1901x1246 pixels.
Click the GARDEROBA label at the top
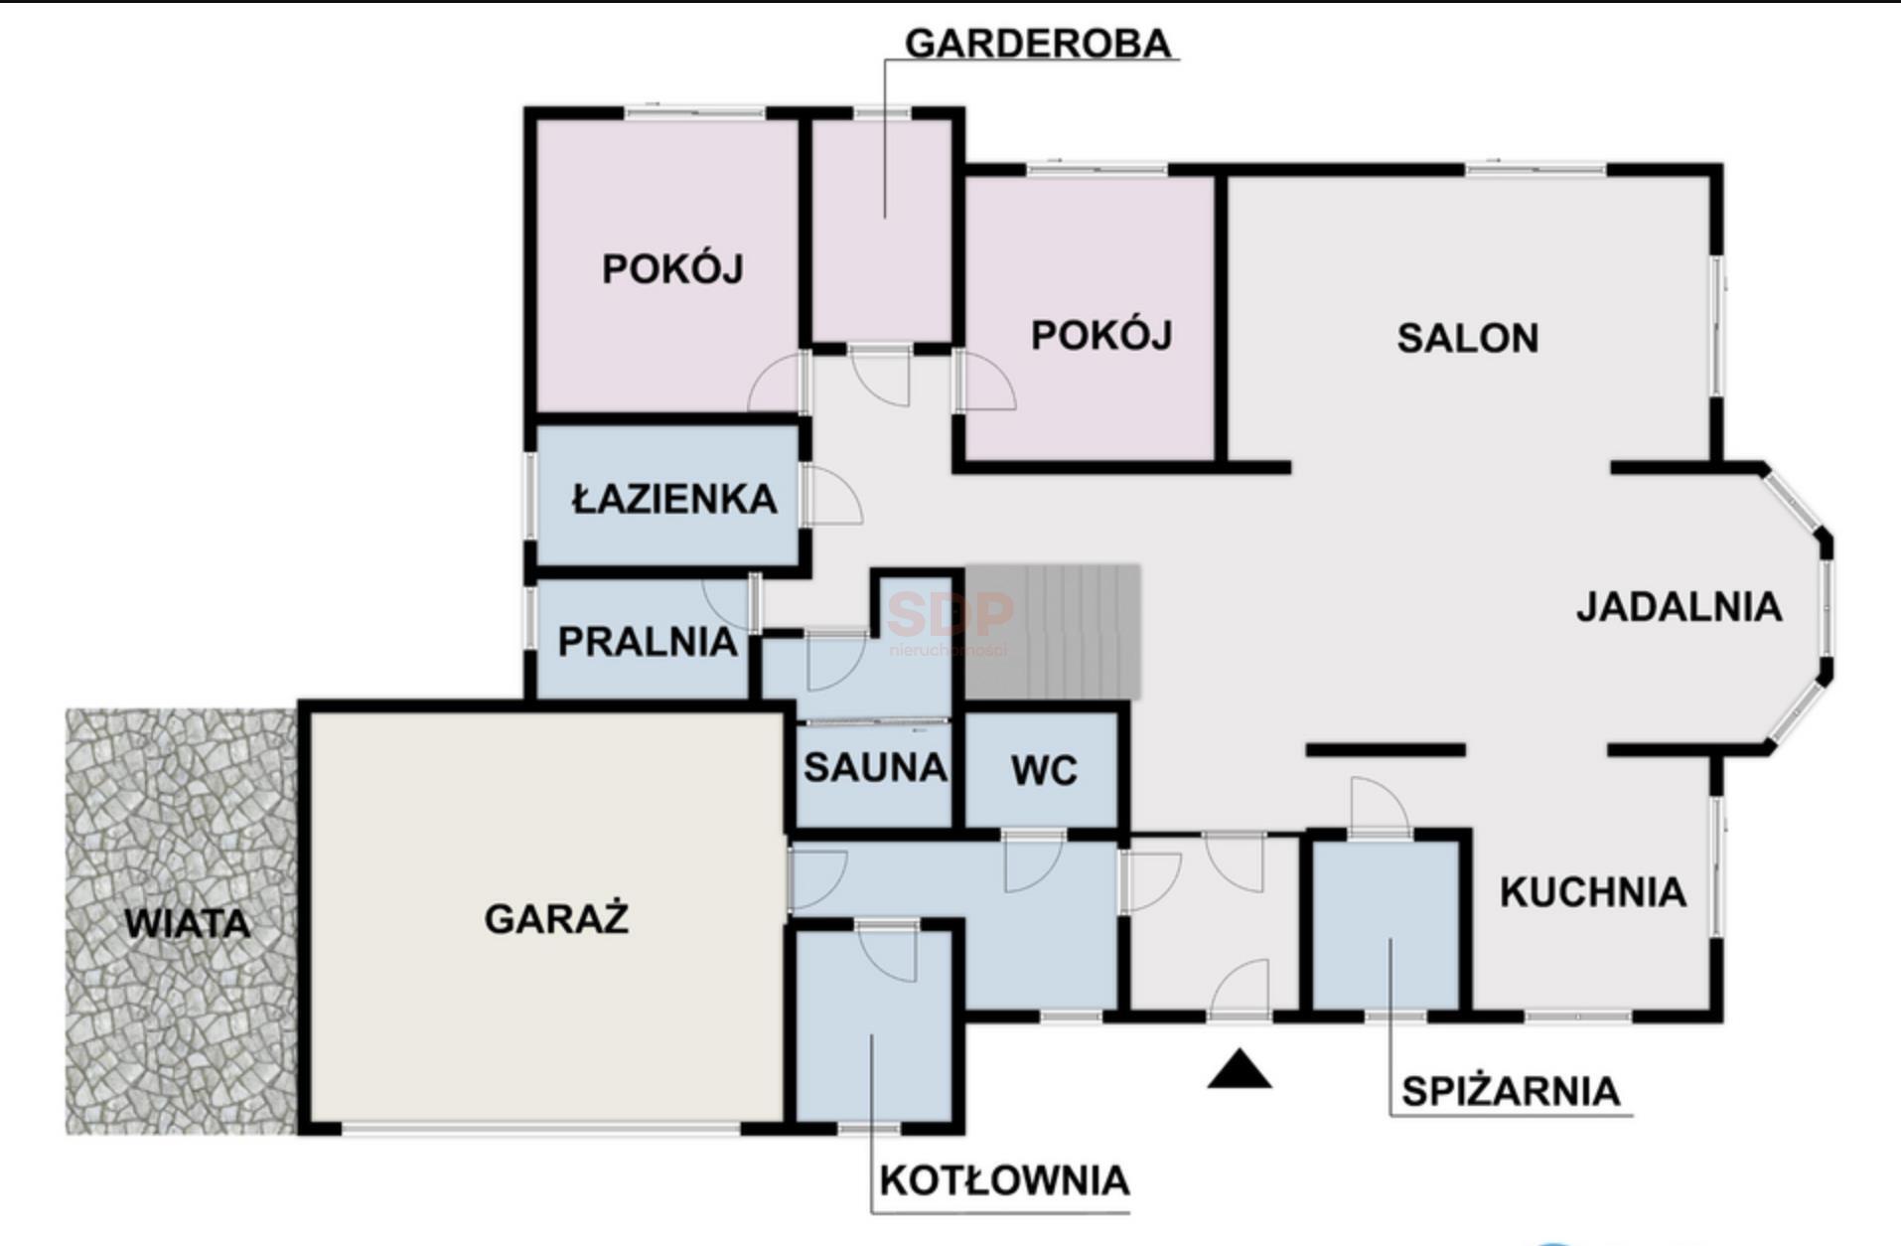1038,44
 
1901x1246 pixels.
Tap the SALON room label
1468,339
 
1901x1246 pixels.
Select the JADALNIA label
1680,607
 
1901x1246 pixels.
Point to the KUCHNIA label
1593,892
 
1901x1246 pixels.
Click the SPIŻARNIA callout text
1511,1091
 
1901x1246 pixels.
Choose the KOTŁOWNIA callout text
1004,1180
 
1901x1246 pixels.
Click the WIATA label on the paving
187,924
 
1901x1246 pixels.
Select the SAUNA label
875,768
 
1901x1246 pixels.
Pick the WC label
1044,771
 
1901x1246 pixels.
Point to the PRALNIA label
648,642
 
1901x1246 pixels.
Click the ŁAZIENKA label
674,497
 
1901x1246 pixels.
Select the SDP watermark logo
950,621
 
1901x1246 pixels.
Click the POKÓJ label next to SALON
1101,335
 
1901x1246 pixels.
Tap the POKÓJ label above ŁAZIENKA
672,268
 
